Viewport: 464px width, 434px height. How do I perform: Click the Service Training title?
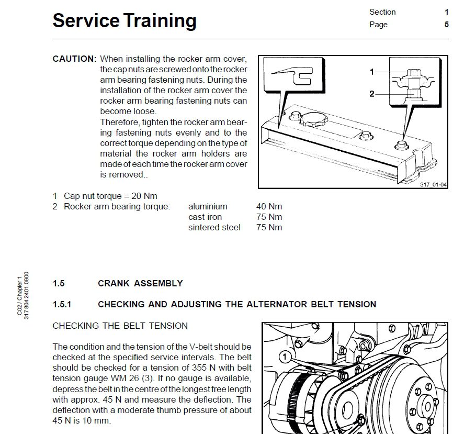[125, 21]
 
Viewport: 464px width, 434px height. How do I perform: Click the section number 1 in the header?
[446, 12]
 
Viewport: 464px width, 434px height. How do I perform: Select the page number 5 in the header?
[446, 25]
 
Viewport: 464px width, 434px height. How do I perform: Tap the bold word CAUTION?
[74, 59]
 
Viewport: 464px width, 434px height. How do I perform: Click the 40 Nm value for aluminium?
[269, 207]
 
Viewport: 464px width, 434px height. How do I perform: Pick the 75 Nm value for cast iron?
[269, 217]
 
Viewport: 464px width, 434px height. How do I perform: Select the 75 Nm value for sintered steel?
[269, 228]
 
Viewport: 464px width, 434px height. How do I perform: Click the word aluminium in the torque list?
[208, 207]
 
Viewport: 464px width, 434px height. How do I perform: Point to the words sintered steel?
[214, 228]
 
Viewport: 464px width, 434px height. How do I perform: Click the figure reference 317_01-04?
[433, 184]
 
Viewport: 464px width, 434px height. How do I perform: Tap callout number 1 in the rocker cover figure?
[372, 72]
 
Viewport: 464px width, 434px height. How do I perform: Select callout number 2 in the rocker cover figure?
[372, 94]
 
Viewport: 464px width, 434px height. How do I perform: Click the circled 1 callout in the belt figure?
[285, 358]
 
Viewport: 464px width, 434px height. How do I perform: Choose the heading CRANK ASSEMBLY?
[140, 284]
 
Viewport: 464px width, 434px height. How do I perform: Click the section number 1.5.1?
[62, 305]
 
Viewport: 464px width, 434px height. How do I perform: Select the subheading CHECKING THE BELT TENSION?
[120, 326]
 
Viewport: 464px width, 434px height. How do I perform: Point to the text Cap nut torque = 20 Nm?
[110, 196]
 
